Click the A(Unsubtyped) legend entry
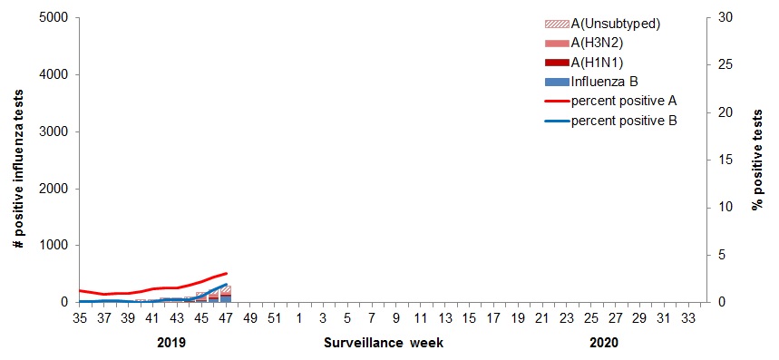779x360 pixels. pyautogui.click(x=613, y=24)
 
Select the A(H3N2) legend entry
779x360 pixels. pyautogui.click(x=607, y=43)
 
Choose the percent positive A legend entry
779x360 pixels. pyautogui.click(x=624, y=100)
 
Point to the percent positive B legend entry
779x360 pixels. pyautogui.click(x=624, y=119)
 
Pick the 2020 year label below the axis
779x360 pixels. pyautogui.click(x=603, y=344)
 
